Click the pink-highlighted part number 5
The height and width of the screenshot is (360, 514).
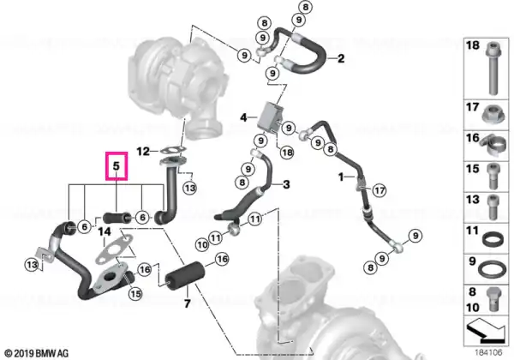(x=117, y=166)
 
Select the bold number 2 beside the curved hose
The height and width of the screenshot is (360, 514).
(x=341, y=58)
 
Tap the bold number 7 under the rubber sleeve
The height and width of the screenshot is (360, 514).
(x=187, y=303)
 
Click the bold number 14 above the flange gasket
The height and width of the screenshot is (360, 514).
(x=105, y=232)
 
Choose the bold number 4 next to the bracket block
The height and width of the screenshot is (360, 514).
(x=243, y=117)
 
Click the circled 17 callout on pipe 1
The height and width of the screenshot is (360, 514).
(x=380, y=190)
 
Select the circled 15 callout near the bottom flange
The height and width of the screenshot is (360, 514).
(x=135, y=293)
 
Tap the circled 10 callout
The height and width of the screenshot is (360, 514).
(x=202, y=244)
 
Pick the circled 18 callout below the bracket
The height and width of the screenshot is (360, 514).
(x=287, y=153)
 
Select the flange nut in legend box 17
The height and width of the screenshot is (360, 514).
(x=493, y=114)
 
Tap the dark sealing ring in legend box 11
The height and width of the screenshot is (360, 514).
(x=493, y=238)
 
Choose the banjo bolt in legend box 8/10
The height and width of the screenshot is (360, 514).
(x=494, y=299)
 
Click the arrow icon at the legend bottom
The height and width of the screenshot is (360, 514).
(x=486, y=330)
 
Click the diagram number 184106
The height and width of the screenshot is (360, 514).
(x=488, y=353)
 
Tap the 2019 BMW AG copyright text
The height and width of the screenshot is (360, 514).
(x=37, y=353)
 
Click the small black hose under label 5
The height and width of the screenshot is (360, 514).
(x=117, y=217)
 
